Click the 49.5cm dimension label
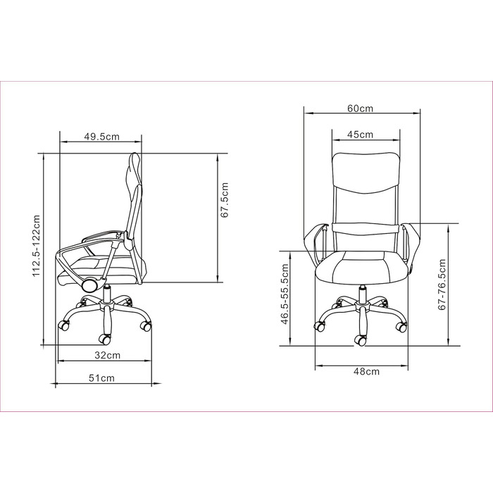[x=101, y=137]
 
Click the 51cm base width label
[x=102, y=378]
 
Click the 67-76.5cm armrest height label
[x=442, y=285]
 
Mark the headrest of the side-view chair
[x=134, y=173]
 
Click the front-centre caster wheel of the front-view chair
[x=361, y=340]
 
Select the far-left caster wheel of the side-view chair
[x=64, y=325]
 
